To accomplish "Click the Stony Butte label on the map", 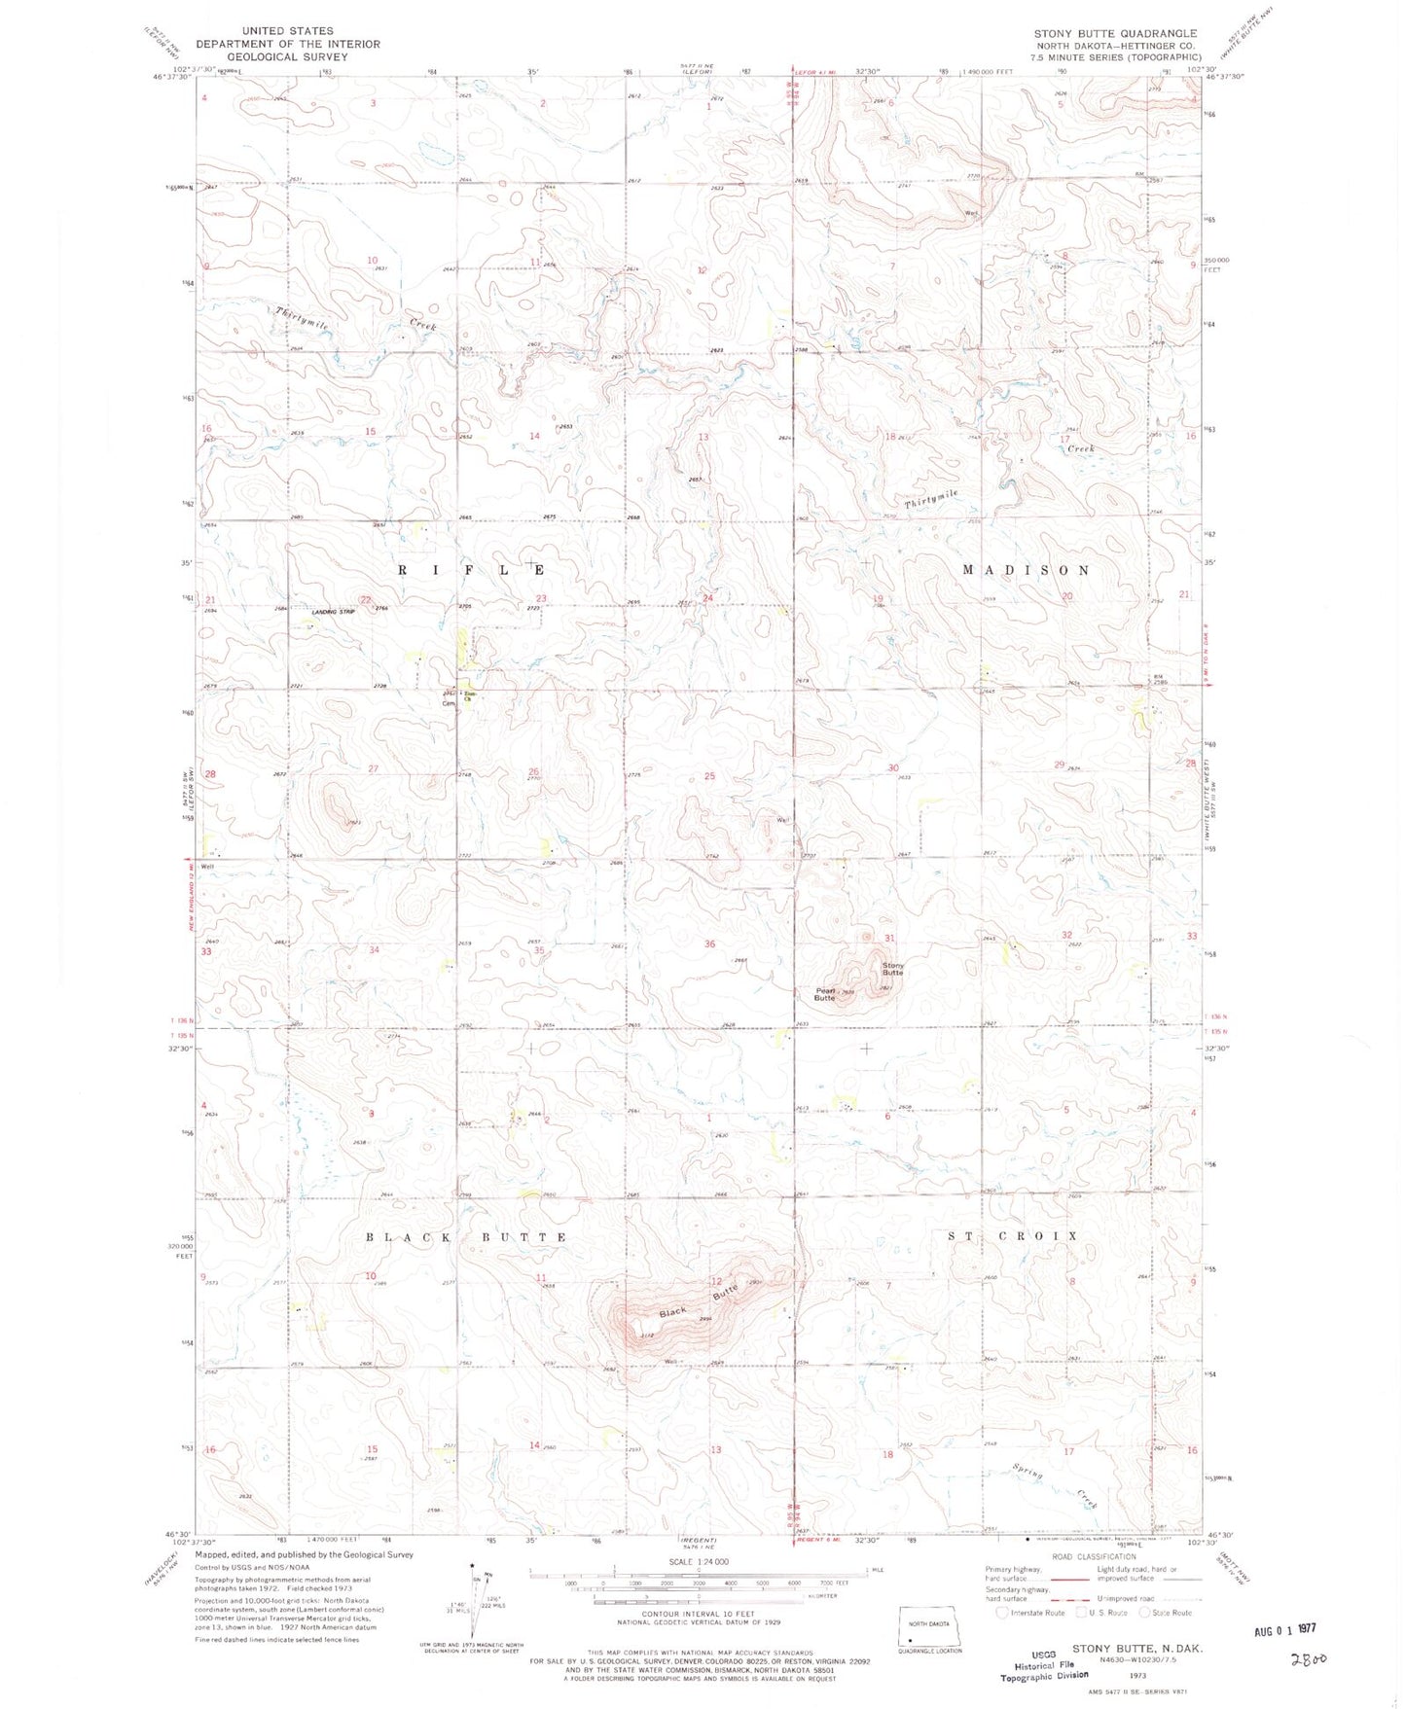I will [x=892, y=969].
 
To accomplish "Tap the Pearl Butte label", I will [x=824, y=994].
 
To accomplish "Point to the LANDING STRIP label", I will [x=333, y=611].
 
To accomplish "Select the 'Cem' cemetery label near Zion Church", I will [x=449, y=702].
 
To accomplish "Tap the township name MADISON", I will [x=1026, y=570].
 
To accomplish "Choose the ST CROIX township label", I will [x=1013, y=1235].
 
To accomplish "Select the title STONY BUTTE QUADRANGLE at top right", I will [x=1115, y=33].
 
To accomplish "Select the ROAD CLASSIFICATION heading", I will [x=1094, y=1556].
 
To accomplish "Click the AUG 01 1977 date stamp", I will [x=1283, y=1628].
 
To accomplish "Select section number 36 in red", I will [x=709, y=944].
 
